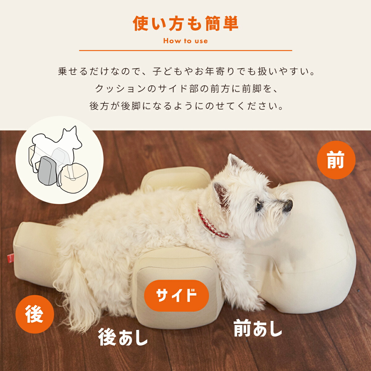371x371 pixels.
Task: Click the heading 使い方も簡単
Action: click(x=185, y=24)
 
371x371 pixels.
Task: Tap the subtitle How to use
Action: click(x=185, y=41)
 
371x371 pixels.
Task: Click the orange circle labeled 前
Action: click(x=336, y=160)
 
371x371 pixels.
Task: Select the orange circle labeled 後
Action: click(x=35, y=314)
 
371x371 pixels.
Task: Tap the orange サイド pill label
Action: click(x=176, y=295)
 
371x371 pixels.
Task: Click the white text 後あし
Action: click(x=123, y=337)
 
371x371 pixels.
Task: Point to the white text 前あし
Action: click(x=258, y=329)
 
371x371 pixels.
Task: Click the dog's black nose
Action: click(x=288, y=205)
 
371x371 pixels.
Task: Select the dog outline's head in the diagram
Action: click(x=72, y=138)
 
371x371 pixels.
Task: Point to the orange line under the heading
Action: click(x=185, y=50)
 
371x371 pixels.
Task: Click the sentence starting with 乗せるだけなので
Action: click(x=185, y=72)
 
